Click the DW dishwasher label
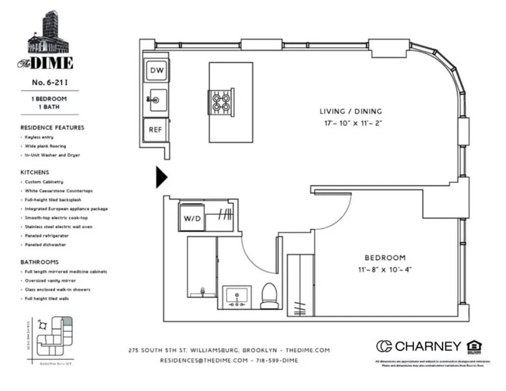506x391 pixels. click(x=156, y=71)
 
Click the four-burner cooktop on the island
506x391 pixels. click(x=220, y=102)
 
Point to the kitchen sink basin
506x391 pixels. click(x=158, y=100)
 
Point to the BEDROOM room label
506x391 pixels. click(x=385, y=258)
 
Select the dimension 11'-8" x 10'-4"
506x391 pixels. click(x=385, y=269)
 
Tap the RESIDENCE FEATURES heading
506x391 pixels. click(x=52, y=128)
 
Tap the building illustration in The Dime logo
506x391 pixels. click(x=49, y=34)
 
